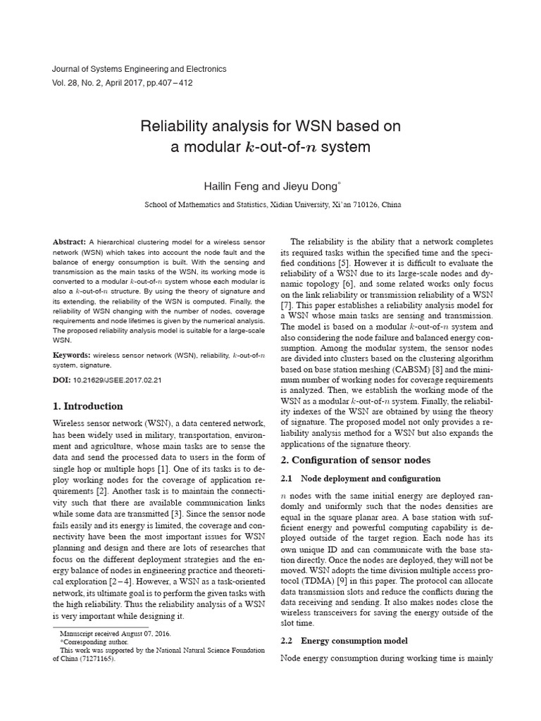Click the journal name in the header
coord(139,69)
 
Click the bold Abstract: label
coord(70,242)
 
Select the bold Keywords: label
coord(72,356)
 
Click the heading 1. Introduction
coord(88,406)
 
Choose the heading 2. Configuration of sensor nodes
coord(357,460)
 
